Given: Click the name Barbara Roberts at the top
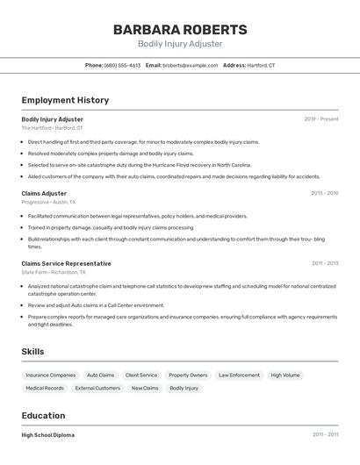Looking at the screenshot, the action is pos(180,29).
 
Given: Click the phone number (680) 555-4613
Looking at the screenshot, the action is pos(122,65).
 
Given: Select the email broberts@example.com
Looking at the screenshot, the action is pos(190,65).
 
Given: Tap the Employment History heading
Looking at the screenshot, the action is pos(65,100).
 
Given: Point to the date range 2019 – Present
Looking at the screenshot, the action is pos(321,119).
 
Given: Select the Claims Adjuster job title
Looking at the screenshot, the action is pos(44,193).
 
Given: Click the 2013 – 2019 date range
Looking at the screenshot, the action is pos(324,193).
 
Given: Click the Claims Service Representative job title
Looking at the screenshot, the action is pos(66,263).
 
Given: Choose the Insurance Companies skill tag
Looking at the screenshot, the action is pos(50,375).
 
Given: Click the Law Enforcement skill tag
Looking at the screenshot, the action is pos(239,375).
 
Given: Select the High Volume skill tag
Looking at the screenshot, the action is pos(285,375).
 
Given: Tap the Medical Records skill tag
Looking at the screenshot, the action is pos(45,388).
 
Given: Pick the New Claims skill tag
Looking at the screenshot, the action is pos(145,388).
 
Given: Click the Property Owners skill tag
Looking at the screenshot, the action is pos(188,375).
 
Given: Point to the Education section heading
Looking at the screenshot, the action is pos(43,416).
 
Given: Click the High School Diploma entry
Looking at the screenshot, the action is pos(47,435).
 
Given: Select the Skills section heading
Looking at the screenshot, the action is pos(32,352).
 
